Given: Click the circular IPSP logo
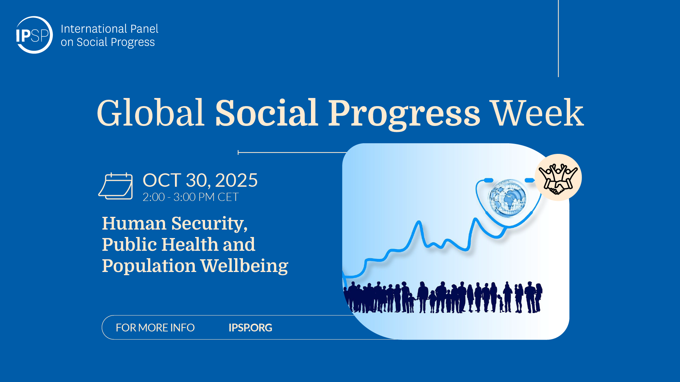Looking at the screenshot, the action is (x=34, y=35).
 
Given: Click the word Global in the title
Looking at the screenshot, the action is (x=151, y=113).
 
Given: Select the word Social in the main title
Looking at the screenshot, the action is (x=267, y=113).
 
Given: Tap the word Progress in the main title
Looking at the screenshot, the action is (x=404, y=115).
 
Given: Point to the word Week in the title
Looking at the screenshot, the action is (x=538, y=113).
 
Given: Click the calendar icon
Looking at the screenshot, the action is (x=115, y=186).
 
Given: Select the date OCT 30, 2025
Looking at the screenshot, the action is (x=200, y=180).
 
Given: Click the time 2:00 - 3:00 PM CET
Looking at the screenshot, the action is (x=191, y=197).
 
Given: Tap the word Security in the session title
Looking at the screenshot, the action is (x=210, y=224).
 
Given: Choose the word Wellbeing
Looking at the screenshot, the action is (x=244, y=266).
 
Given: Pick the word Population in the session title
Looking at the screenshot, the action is (x=149, y=266).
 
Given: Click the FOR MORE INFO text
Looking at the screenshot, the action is (x=155, y=328).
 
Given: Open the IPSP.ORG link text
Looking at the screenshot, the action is (x=250, y=328).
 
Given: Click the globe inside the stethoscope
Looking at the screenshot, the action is (x=508, y=198).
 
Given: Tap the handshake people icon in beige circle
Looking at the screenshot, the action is (x=558, y=178).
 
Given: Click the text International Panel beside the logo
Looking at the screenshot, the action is (x=109, y=29).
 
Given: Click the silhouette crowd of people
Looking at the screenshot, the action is (x=443, y=297).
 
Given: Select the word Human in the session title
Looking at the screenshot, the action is (x=134, y=224).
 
